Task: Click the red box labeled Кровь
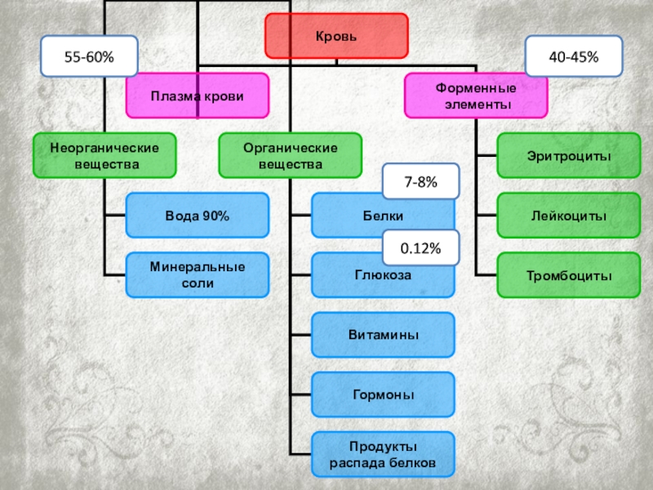coord(336,37)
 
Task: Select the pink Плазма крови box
coord(197,96)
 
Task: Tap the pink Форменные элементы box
coord(477,96)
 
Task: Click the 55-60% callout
coord(89,56)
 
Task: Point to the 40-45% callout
coord(574,56)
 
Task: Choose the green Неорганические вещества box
coord(104,155)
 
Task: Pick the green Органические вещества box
coord(290,155)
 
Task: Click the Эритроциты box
coord(569,155)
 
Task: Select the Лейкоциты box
coord(569,216)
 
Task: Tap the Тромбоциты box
coord(569,276)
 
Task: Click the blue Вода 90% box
coord(197,216)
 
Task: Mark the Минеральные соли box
coord(197,275)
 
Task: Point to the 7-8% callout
coord(421,183)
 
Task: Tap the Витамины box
coord(383,335)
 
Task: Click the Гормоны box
coord(383,395)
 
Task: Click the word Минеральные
coord(197,268)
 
